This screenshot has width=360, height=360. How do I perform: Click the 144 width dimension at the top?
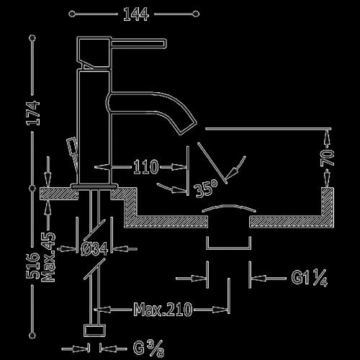click(136, 14)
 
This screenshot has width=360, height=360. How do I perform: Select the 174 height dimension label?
click(33, 113)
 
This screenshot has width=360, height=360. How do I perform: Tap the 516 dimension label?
click(32, 266)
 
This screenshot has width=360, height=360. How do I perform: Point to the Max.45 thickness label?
click(48, 257)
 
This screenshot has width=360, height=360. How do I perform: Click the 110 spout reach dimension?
click(146, 166)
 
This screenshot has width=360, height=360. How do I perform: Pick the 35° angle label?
click(206, 189)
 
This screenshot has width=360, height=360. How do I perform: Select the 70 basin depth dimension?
click(327, 158)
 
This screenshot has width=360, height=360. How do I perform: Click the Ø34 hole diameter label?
click(94, 249)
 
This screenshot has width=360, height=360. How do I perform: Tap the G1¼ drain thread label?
click(310, 278)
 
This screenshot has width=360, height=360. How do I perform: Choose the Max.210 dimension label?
click(163, 310)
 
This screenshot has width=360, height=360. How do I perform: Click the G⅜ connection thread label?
click(149, 348)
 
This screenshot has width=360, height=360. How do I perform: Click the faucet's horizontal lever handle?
click(138, 43)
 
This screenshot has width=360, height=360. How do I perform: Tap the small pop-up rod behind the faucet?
click(73, 153)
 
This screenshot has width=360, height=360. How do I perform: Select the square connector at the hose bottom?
click(94, 330)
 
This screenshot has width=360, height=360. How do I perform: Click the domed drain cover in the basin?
click(229, 207)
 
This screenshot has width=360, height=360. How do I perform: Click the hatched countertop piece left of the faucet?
click(59, 194)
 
